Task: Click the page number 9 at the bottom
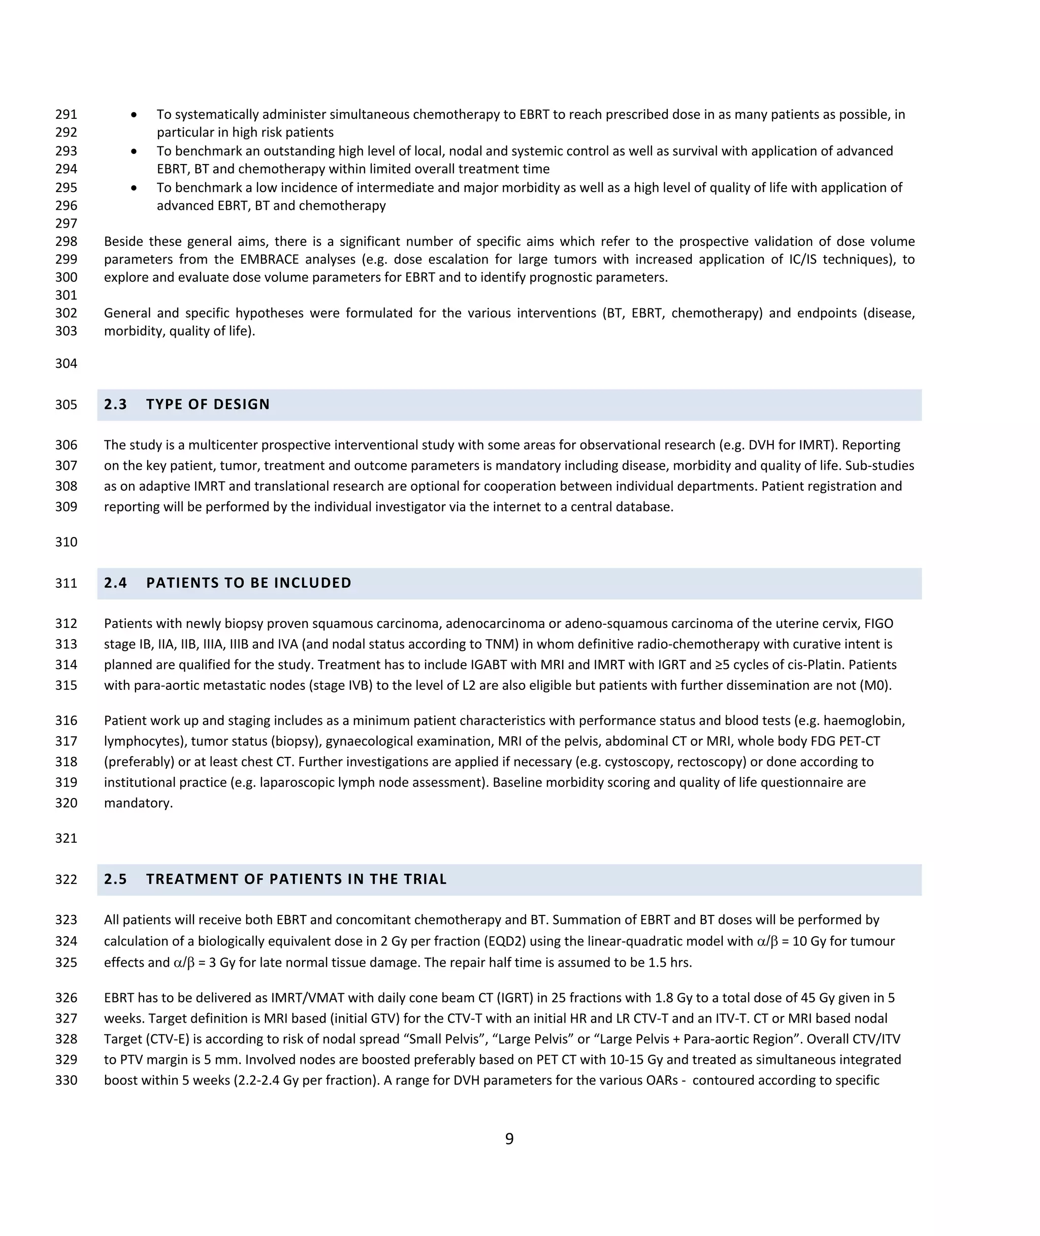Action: point(509,1138)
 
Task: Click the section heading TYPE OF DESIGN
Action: point(208,404)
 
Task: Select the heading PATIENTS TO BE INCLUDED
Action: point(248,583)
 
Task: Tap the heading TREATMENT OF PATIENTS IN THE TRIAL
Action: point(296,879)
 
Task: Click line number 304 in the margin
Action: point(66,364)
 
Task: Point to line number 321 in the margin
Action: point(66,839)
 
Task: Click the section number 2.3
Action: point(116,404)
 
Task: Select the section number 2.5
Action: point(116,879)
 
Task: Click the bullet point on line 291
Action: point(135,114)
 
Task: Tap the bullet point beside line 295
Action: point(135,187)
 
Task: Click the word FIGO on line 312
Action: point(879,624)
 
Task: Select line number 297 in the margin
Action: point(66,224)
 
